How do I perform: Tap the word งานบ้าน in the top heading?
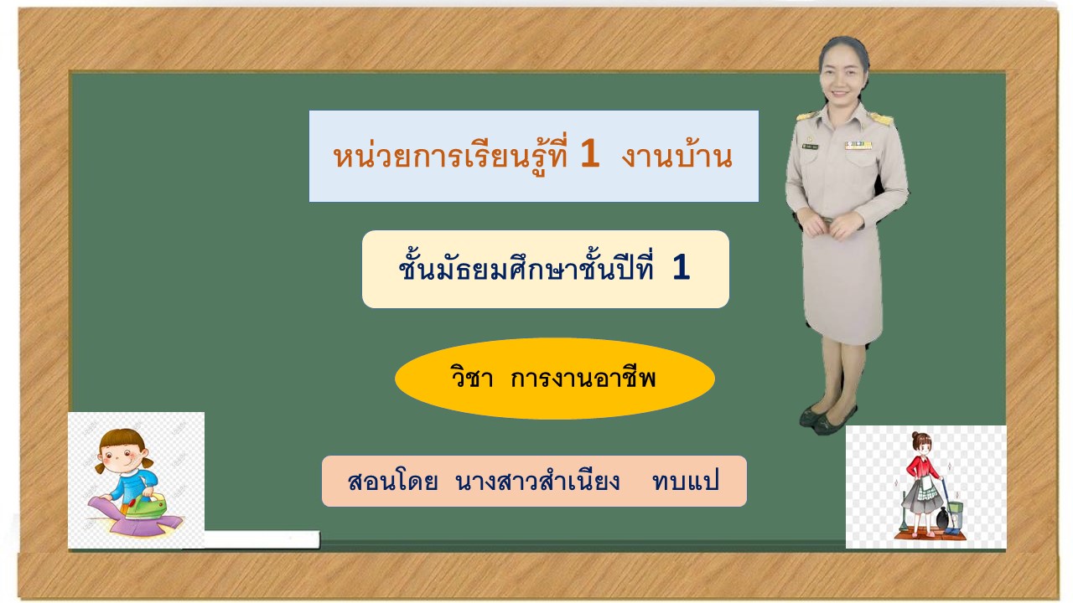click(676, 156)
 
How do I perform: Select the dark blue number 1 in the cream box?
click(681, 267)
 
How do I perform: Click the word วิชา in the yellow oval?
click(471, 377)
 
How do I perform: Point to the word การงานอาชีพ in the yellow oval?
click(583, 378)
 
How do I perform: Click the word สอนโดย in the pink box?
click(393, 482)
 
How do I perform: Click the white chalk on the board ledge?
click(261, 539)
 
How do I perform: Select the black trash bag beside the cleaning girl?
click(941, 518)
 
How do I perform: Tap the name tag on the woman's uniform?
click(811, 147)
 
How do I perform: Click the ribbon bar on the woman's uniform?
click(858, 145)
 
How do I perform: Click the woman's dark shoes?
click(827, 420)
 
